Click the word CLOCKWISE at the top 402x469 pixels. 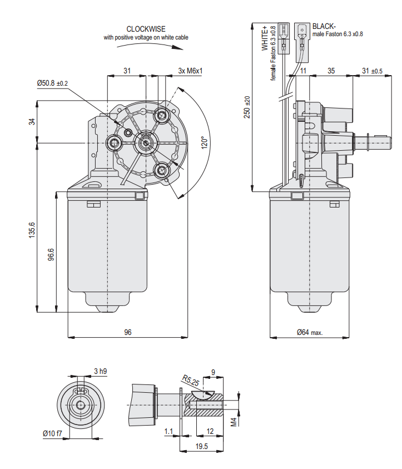coord(146,29)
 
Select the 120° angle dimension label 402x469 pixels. coord(205,144)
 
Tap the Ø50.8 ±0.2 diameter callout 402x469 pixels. coord(52,83)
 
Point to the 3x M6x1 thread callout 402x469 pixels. coord(190,71)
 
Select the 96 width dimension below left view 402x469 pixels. coord(128,332)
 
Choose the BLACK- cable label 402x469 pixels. coord(325,26)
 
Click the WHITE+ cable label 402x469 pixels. coord(265,38)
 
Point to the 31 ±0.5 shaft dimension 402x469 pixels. coord(372,71)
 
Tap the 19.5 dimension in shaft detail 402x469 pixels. coord(201,446)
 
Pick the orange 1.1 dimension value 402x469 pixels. coord(169,431)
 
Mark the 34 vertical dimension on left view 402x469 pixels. coord(32,122)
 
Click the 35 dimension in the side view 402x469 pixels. coord(331,71)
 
